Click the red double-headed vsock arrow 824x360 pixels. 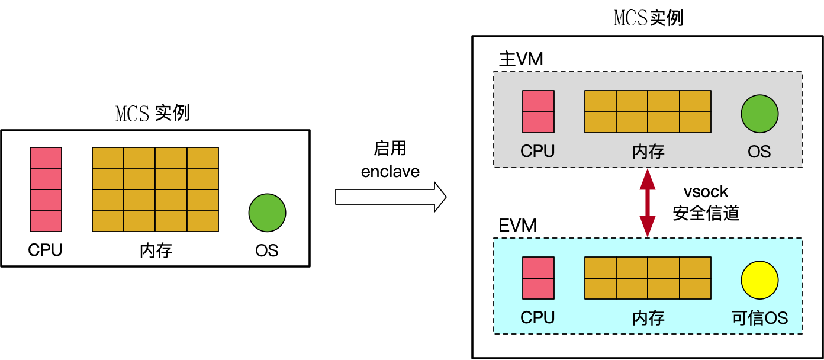point(648,202)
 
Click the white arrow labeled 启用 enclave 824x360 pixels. point(391,197)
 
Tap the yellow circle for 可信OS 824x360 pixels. point(759,281)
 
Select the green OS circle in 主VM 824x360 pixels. point(759,114)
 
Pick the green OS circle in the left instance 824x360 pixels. point(267,213)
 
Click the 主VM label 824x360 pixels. point(521,60)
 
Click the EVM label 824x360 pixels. point(517,226)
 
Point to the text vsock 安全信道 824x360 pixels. point(706,202)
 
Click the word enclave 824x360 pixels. point(390,172)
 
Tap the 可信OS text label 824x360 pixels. point(759,318)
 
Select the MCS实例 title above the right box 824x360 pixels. point(649,18)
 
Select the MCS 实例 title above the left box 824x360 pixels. point(153,113)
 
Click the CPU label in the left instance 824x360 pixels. point(45,250)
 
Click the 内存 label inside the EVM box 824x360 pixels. point(648,318)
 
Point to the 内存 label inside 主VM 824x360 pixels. point(648,152)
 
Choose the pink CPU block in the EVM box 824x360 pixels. point(538,278)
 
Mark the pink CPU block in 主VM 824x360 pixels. point(538,111)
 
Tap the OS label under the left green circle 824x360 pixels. point(266,250)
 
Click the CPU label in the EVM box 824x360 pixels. point(537,318)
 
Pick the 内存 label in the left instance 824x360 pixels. point(156,250)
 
